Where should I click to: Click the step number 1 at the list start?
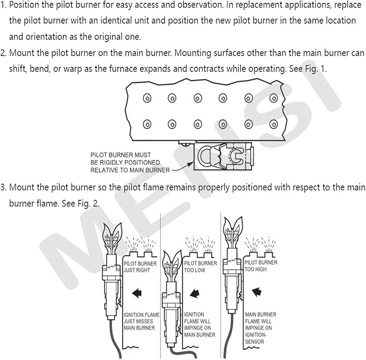click(3, 6)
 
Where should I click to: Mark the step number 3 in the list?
click(3, 188)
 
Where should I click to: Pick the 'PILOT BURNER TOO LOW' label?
click(201, 267)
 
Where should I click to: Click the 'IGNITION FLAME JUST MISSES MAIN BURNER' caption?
click(139, 321)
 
